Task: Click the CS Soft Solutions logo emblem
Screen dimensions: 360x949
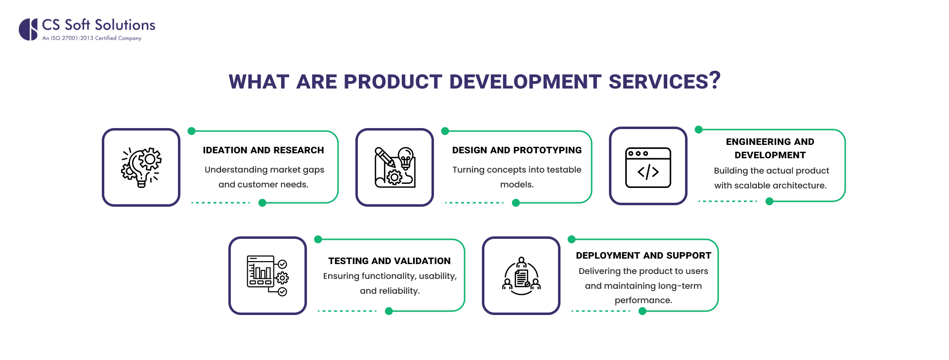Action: click(29, 29)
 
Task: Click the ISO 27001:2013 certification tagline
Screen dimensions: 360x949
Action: click(92, 38)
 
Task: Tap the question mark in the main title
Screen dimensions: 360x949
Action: click(715, 80)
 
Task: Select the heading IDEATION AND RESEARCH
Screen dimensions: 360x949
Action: click(263, 150)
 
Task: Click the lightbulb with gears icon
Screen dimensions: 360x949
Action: click(141, 167)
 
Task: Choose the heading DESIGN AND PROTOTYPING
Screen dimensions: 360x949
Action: click(517, 150)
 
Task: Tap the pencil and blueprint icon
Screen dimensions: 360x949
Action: click(394, 167)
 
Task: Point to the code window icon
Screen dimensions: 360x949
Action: click(648, 167)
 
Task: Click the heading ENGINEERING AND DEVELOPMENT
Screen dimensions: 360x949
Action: click(770, 148)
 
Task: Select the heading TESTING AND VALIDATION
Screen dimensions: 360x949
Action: click(389, 261)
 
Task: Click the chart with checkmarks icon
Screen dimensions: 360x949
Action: click(267, 275)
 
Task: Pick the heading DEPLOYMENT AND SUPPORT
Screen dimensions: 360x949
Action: click(643, 256)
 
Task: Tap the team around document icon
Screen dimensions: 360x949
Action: click(521, 275)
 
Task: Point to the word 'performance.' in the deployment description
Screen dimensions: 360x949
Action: click(643, 300)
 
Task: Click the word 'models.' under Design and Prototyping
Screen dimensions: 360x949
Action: click(517, 184)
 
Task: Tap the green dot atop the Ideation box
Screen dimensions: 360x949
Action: click(192, 131)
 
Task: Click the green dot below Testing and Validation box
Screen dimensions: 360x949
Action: click(389, 311)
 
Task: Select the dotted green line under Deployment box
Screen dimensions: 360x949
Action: click(601, 311)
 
